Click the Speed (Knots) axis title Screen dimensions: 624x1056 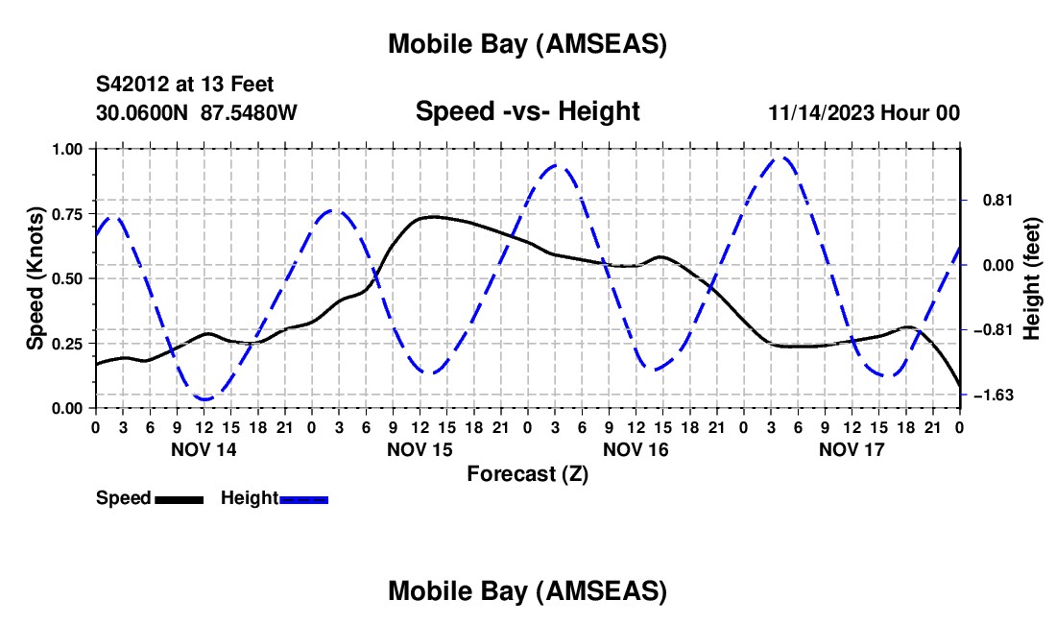[x=36, y=278]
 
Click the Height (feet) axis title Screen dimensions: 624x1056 [x=1032, y=278]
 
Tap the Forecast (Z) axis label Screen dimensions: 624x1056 [x=527, y=473]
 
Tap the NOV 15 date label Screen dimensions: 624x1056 [x=420, y=449]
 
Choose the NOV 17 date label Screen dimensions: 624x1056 [x=852, y=449]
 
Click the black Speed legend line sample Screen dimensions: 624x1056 [x=179, y=499]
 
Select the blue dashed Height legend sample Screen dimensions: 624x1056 [x=303, y=499]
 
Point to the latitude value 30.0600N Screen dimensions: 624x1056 [x=143, y=112]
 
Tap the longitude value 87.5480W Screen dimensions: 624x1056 [x=250, y=112]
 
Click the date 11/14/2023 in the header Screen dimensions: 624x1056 [x=821, y=112]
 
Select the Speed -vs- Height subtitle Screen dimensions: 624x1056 [x=527, y=111]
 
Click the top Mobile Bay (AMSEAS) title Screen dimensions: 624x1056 [x=527, y=43]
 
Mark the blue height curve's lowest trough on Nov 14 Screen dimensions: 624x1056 [x=204, y=398]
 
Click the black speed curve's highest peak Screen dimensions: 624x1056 [x=433, y=216]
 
